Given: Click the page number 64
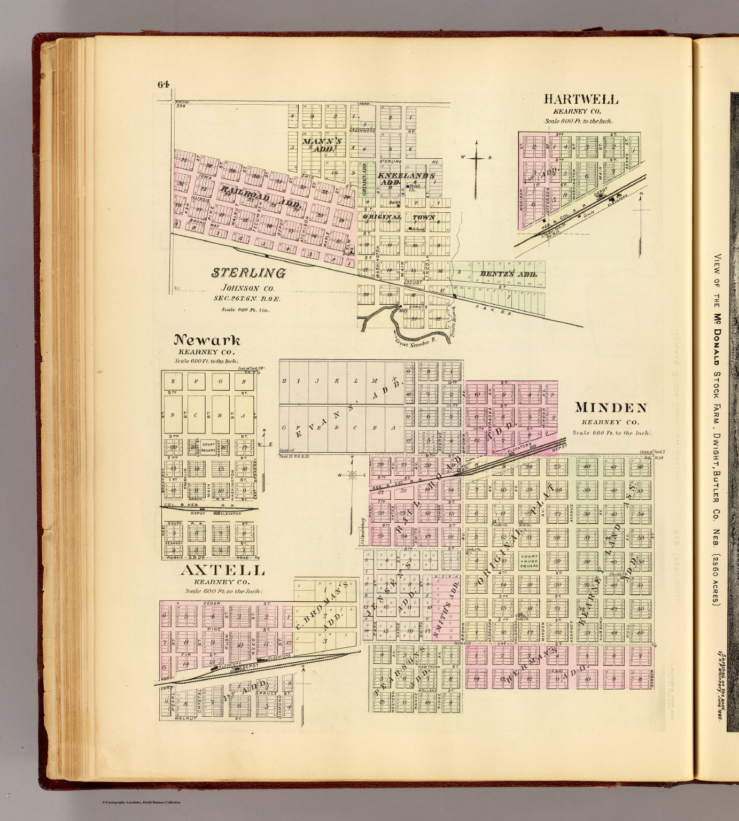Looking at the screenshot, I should [163, 84].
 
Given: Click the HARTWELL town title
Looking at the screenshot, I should [581, 99].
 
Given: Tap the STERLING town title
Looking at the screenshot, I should [248, 273].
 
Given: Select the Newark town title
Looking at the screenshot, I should [207, 340].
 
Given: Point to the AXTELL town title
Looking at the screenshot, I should [222, 570].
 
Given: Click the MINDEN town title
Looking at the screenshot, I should [611, 408].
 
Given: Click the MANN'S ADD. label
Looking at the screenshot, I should [322, 145].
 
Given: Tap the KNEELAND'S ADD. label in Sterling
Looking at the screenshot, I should [406, 179].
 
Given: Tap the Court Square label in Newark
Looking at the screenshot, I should [208, 446].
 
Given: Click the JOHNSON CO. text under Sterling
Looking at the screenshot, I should [248, 289].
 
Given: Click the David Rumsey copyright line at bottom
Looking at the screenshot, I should [141, 802].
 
